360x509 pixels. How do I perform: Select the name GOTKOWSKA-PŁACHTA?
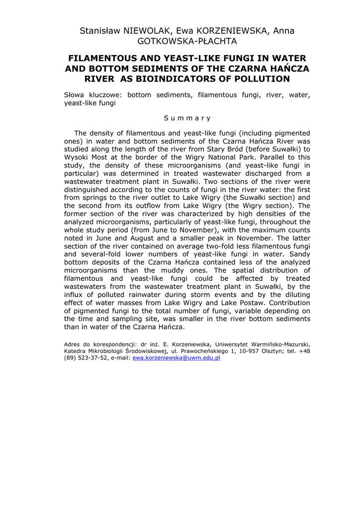[x=187, y=41]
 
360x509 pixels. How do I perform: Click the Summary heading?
[x=187, y=118]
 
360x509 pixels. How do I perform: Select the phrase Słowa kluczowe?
[x=93, y=94]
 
